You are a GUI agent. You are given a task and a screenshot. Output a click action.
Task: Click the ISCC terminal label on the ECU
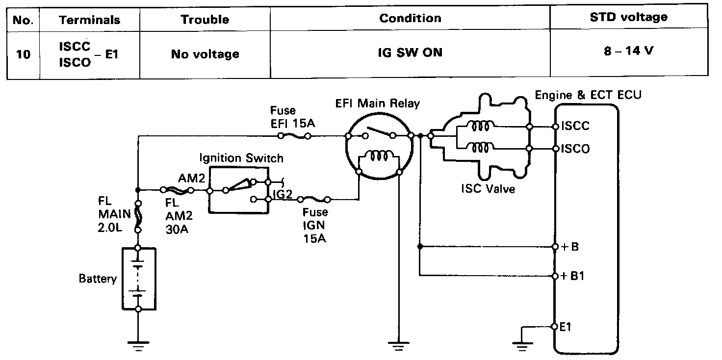coord(575,126)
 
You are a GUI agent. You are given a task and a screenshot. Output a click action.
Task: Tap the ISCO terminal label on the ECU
coord(575,149)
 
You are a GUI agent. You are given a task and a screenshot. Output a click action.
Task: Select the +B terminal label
coord(570,247)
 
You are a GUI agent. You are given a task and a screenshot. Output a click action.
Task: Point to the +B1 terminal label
coord(572,276)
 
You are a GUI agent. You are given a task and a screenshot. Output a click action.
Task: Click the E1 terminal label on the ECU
coord(566,327)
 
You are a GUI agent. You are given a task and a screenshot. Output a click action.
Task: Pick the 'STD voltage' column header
coord(628,17)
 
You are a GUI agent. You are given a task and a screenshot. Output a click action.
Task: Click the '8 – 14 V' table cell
coord(628,51)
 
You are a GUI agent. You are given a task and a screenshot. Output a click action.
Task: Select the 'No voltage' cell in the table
coord(205,54)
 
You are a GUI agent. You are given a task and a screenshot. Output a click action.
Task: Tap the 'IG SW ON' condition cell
coord(410,52)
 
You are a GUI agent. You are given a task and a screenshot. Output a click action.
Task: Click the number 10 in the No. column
coord(23,54)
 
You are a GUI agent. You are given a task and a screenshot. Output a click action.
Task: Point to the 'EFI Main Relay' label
coord(378,103)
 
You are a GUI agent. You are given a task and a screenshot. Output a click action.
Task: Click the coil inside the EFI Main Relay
coord(379,155)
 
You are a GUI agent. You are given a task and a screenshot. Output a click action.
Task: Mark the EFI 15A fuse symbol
coord(294,136)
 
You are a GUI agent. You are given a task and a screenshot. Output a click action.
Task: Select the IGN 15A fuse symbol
coord(313,200)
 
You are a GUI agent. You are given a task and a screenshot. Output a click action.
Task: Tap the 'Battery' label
coord(98,279)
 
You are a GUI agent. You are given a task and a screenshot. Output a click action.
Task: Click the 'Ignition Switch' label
coord(241,158)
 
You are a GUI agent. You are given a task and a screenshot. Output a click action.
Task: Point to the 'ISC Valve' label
coord(488,188)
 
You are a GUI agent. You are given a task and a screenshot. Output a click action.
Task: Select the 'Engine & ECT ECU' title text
coord(588,95)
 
